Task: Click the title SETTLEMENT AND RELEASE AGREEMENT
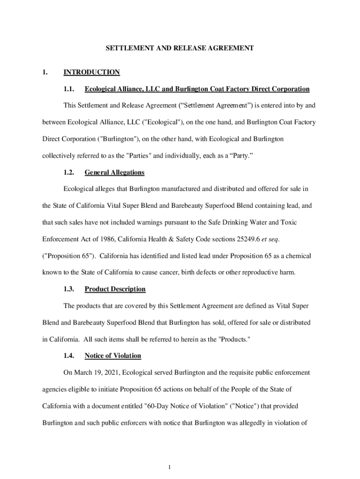coord(180,48)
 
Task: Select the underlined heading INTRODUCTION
coord(92,72)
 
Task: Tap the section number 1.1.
coord(69,89)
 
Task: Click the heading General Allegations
coord(115,173)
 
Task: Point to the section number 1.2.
coord(69,173)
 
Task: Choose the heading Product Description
coord(115,289)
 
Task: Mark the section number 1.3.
coord(69,289)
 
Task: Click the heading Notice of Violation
coord(113,356)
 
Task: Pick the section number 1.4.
coord(69,356)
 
